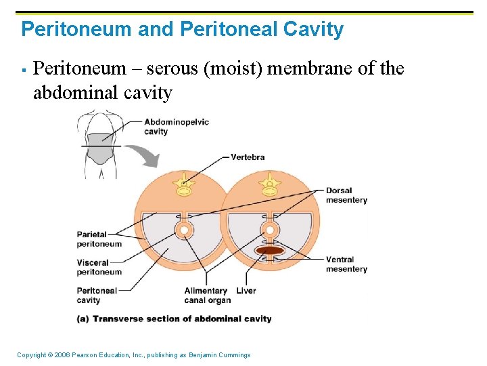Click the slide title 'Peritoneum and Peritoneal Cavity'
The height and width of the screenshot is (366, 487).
[183, 29]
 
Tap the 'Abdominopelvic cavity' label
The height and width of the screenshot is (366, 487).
[176, 127]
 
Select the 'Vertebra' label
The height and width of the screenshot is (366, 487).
[248, 157]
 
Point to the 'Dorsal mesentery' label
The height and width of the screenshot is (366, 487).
[346, 195]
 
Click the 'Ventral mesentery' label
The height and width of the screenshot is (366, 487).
[346, 264]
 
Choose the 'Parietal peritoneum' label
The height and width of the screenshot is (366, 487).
[99, 239]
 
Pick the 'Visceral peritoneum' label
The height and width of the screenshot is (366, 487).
[99, 268]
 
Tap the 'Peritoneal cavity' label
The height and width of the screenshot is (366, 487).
[97, 296]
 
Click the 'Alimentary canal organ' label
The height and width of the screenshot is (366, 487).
[207, 296]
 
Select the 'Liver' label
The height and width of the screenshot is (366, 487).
[246, 291]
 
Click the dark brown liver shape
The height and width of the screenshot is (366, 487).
[270, 251]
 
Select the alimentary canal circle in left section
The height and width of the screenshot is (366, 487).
[183, 230]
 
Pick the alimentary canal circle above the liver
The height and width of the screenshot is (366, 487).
[270, 230]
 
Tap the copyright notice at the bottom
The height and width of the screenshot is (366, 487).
[133, 355]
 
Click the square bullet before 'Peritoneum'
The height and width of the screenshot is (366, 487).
[23, 70]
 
